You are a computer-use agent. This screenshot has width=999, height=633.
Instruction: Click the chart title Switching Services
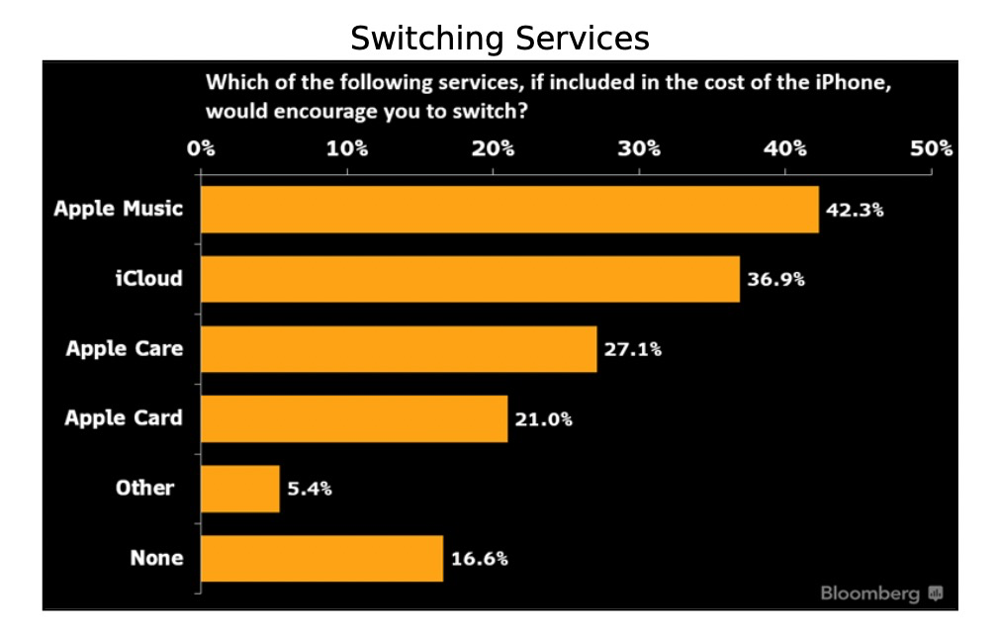tap(499, 39)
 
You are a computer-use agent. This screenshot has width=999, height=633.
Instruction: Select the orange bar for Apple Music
tap(509, 210)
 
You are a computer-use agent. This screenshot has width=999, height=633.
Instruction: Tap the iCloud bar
tap(470, 279)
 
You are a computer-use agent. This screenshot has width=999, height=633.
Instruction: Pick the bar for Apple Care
tap(399, 349)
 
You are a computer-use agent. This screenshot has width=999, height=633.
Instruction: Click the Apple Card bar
tap(354, 418)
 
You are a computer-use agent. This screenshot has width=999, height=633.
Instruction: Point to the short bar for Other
tap(240, 489)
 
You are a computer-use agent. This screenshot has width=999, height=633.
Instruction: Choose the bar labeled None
tap(321, 559)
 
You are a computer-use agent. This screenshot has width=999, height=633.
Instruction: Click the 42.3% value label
tap(854, 210)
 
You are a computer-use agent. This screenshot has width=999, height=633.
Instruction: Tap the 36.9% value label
tap(775, 279)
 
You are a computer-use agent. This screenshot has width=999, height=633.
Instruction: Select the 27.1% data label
tap(633, 349)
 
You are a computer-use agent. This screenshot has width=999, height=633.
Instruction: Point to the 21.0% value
tap(543, 418)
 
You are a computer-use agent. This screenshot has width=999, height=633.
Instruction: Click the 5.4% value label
tap(309, 489)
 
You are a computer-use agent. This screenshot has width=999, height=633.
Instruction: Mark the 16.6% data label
tap(479, 559)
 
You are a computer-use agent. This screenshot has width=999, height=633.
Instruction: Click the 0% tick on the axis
tap(202, 148)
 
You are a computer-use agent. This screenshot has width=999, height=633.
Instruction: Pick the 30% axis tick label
tap(639, 148)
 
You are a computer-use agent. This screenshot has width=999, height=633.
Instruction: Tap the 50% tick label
tap(931, 148)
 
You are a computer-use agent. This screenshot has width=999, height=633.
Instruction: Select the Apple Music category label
tap(119, 210)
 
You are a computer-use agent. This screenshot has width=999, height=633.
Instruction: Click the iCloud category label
tap(149, 279)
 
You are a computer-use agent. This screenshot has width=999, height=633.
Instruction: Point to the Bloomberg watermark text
tap(869, 593)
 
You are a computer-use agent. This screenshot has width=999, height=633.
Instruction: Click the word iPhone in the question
tap(853, 83)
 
